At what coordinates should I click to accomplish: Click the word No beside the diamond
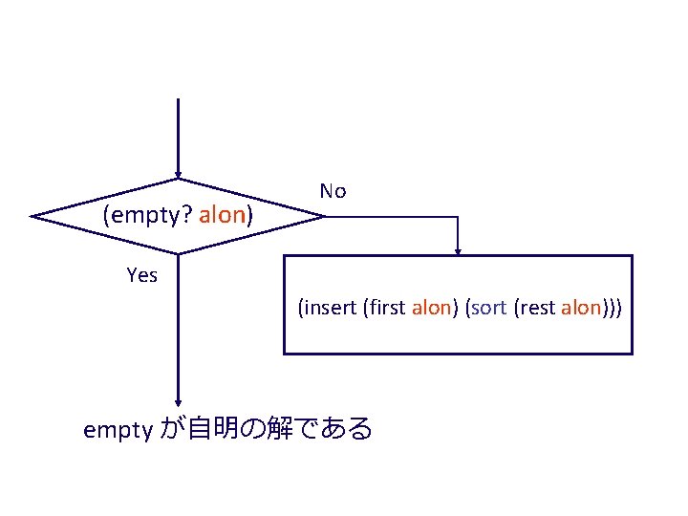coord(333,191)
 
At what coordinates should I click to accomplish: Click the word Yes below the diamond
coord(141,275)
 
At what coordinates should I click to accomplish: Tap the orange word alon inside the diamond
coord(223,216)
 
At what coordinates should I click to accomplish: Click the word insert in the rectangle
coord(331,308)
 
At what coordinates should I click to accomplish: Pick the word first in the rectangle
coord(386,308)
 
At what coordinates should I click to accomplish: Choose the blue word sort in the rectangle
coord(488,308)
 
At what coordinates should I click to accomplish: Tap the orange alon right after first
coord(430,308)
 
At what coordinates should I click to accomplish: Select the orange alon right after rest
coord(581,308)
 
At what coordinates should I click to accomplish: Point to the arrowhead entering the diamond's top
coord(178,175)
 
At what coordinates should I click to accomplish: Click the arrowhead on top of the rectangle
coord(459,251)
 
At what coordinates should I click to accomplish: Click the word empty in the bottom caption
coord(118,430)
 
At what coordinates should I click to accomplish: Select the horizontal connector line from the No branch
coord(392,217)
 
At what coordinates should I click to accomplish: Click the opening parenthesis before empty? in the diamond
coord(106,216)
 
